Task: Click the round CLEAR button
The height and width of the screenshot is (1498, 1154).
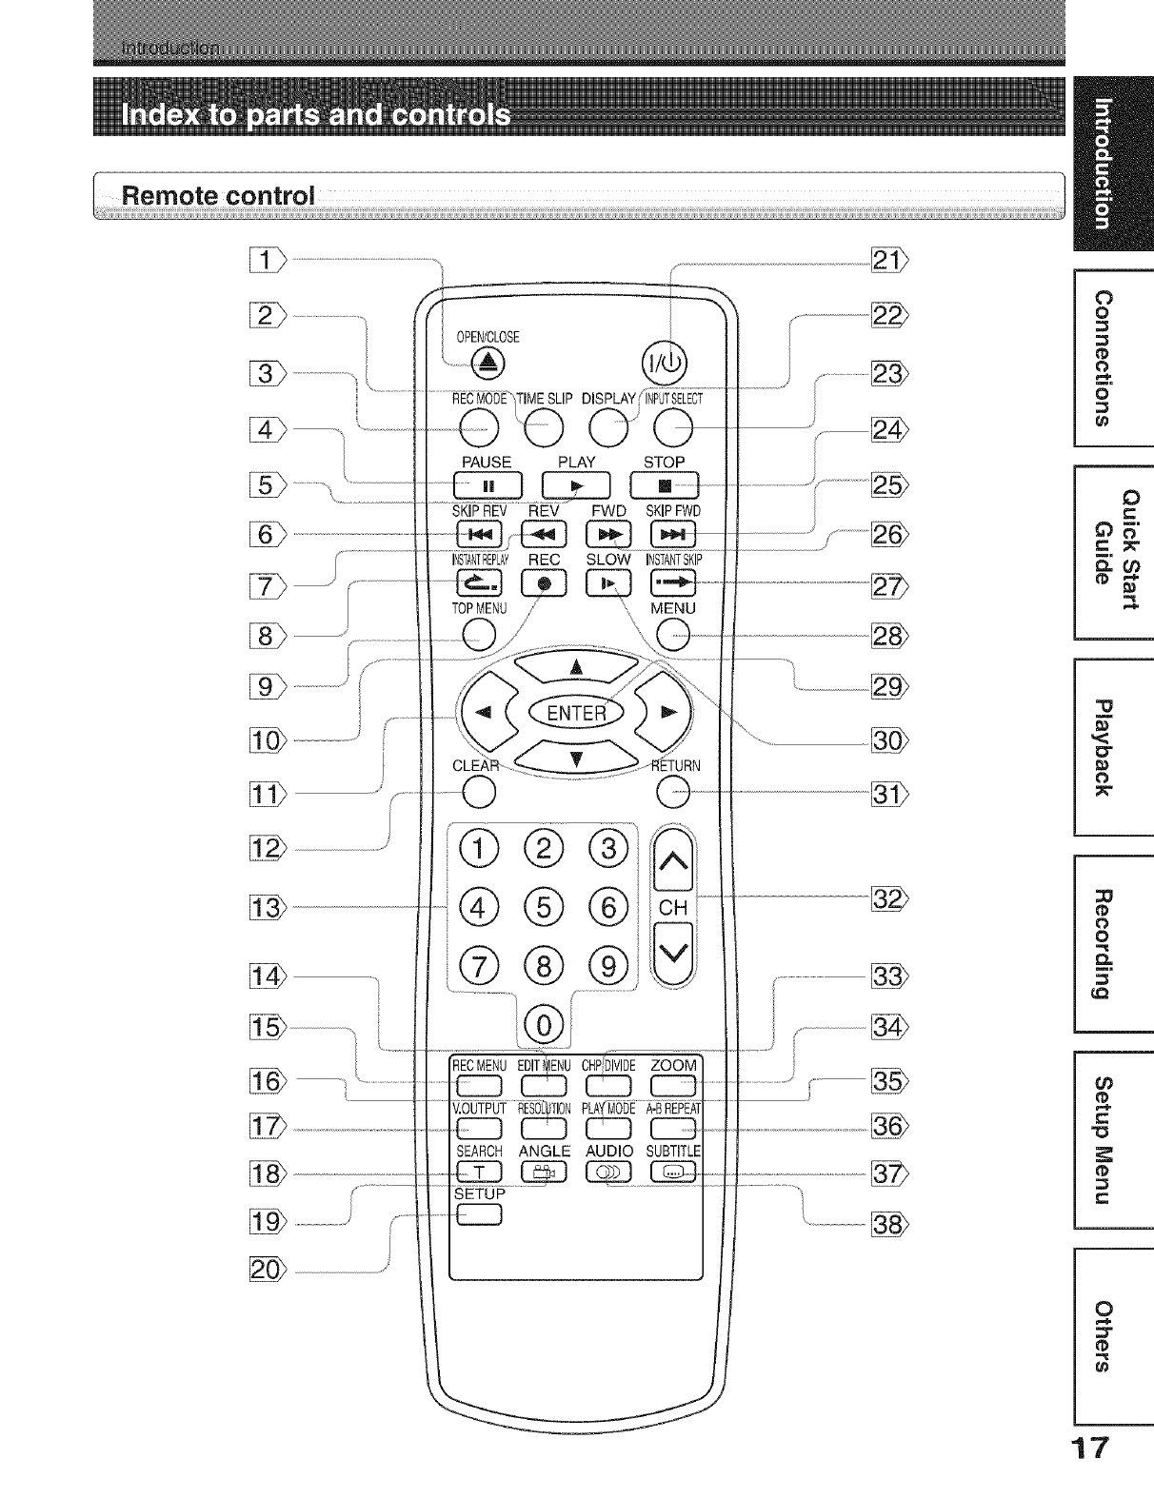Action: click(480, 792)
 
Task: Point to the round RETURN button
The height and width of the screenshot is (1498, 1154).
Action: click(672, 792)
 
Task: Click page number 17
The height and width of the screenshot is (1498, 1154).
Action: click(1091, 1475)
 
